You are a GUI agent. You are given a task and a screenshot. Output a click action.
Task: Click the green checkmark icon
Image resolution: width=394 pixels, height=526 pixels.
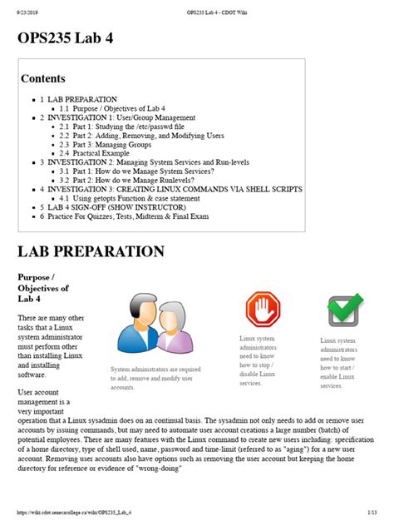[342, 310]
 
